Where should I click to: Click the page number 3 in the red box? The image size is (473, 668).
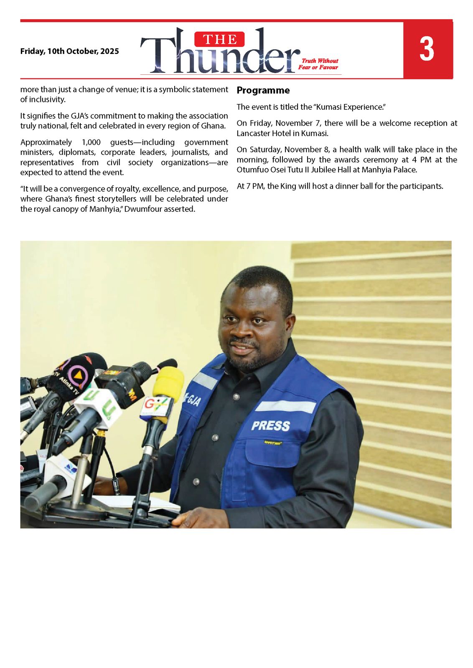pyautogui.click(x=427, y=49)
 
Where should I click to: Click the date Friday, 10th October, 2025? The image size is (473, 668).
pyautogui.click(x=69, y=51)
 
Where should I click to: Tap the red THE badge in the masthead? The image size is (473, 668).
pyautogui.click(x=219, y=40)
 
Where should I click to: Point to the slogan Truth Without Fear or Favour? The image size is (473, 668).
pyautogui.click(x=318, y=64)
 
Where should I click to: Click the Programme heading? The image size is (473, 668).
pyautogui.click(x=263, y=90)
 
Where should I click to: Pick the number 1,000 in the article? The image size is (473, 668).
pyautogui.click(x=91, y=142)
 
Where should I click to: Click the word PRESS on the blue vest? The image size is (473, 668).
pyautogui.click(x=270, y=426)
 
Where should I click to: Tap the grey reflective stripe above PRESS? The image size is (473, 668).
pyautogui.click(x=285, y=406)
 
